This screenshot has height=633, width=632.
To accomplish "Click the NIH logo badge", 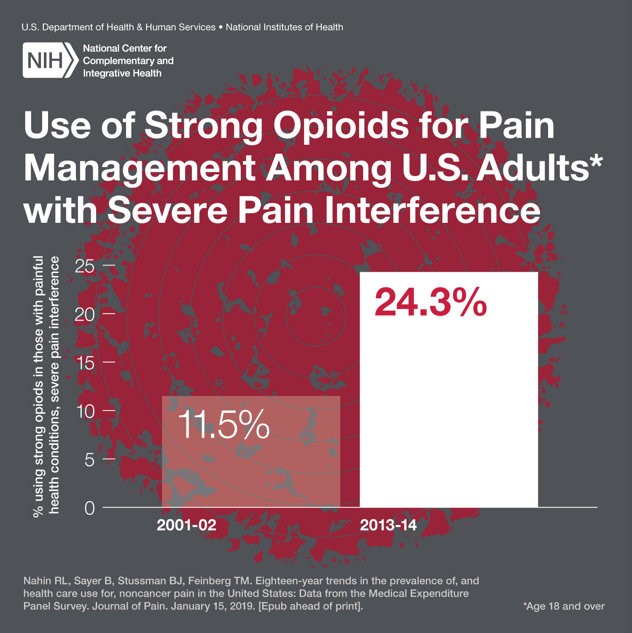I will (x=50, y=60).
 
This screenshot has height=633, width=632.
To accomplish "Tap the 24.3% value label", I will (x=430, y=302).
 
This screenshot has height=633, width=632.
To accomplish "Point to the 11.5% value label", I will (x=223, y=425).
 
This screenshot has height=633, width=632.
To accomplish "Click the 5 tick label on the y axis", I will (x=89, y=459).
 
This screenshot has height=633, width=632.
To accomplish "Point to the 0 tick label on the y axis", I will (x=89, y=508).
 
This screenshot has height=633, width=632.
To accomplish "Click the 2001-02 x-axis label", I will (x=186, y=525).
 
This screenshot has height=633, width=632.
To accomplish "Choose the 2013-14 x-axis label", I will (x=388, y=525).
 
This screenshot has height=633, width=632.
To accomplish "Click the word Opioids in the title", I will (x=341, y=125).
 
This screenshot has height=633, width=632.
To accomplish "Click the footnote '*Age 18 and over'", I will (x=564, y=606).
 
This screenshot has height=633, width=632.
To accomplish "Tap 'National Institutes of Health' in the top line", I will (x=284, y=27).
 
